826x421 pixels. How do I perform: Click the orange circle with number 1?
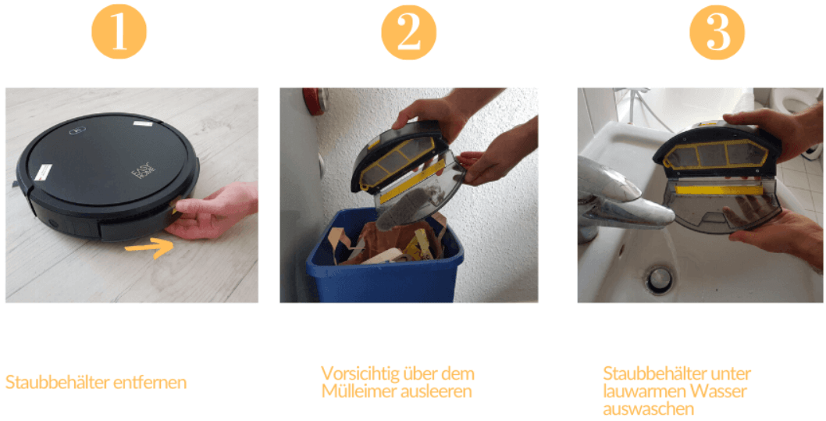[119, 32]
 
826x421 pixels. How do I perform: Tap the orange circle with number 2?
[408, 32]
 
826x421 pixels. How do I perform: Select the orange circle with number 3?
[717, 32]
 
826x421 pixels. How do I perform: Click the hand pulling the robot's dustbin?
[215, 212]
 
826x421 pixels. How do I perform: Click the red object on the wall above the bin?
[315, 99]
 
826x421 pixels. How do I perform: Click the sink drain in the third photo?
[659, 277]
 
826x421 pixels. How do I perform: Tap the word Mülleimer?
[355, 391]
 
